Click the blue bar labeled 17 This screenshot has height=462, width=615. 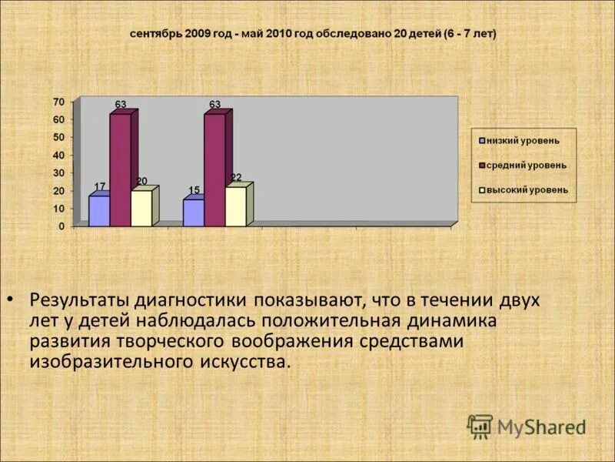pos(99,211)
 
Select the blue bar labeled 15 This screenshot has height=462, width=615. pos(193,213)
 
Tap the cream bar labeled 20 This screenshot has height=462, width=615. pos(141,208)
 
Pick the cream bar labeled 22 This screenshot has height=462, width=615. pos(235,206)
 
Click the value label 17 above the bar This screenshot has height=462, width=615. pos(100,187)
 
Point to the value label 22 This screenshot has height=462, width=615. pos(236,178)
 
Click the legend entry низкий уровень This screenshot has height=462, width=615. pos(523,141)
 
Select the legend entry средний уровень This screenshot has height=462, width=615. pos(527,166)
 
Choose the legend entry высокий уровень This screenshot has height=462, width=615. pos(527,190)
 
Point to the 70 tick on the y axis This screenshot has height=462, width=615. pos(58,102)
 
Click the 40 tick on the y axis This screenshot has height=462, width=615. pos(58,156)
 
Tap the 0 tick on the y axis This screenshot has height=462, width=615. pos(61,226)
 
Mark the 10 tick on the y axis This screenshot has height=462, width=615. pos(58,209)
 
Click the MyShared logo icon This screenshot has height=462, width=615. pos(480,427)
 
